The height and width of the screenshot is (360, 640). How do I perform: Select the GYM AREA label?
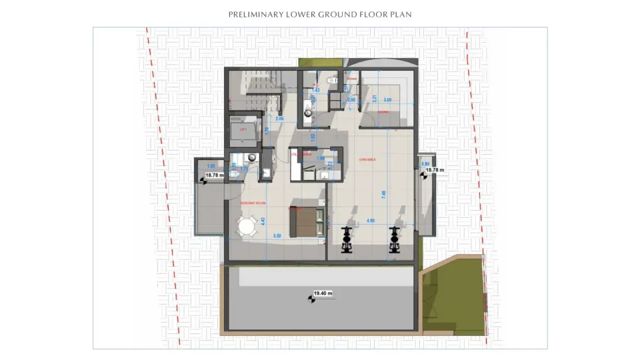pyautogui.click(x=367, y=159)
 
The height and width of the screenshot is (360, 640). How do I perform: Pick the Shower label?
pyautogui.click(x=351, y=79)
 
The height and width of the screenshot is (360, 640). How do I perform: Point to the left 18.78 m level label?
pyautogui.click(x=214, y=175)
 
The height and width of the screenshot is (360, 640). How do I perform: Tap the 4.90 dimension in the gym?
pyautogui.click(x=371, y=221)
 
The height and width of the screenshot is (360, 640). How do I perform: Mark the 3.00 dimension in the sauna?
pyautogui.click(x=388, y=101)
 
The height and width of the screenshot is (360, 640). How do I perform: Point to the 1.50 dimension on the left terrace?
pyautogui.click(x=211, y=165)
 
